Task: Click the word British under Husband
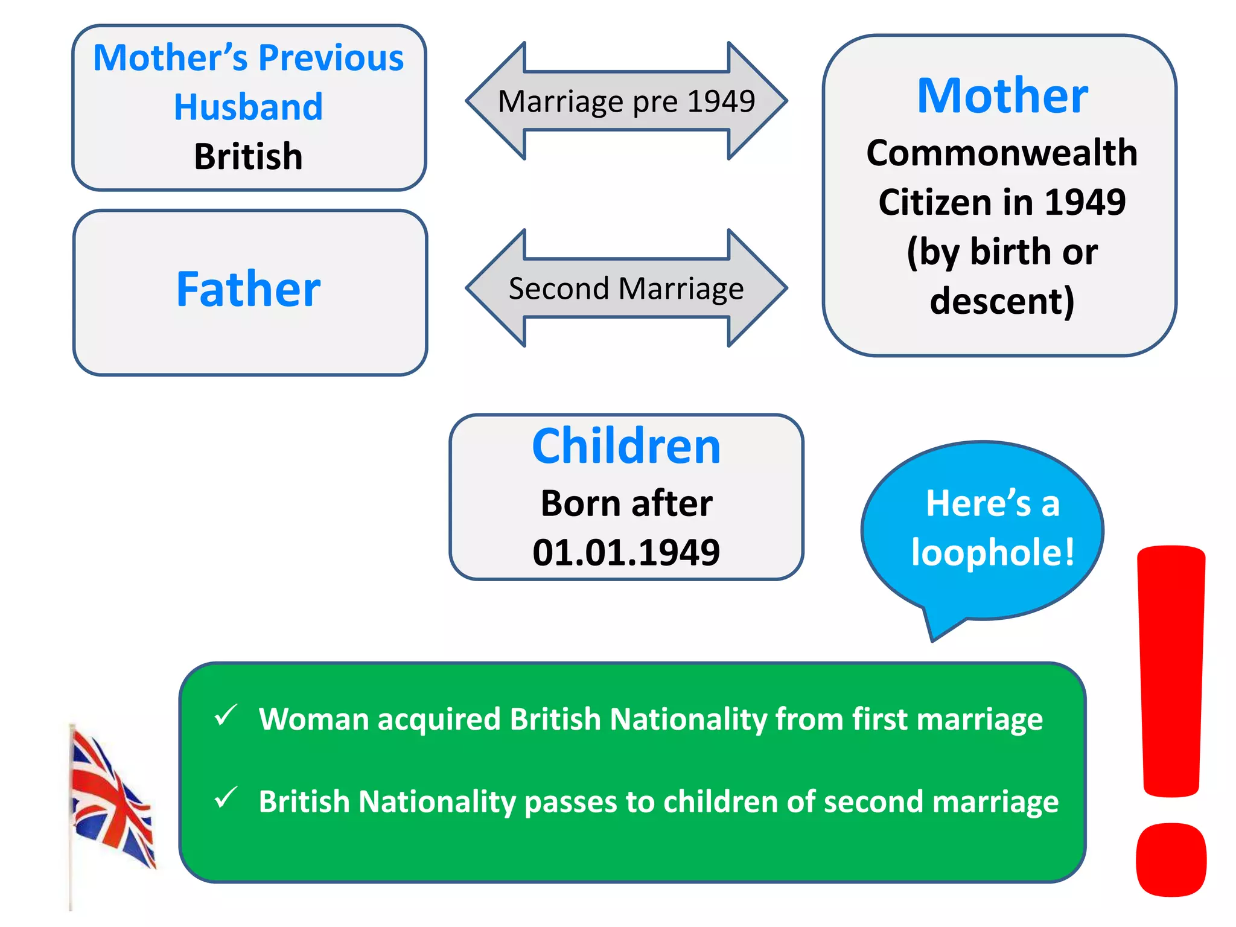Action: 248,157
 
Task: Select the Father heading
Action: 248,290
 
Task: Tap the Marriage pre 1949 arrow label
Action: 626,101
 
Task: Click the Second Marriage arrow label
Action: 626,288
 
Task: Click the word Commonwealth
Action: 1002,153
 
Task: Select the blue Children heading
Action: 626,447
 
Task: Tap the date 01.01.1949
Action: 626,552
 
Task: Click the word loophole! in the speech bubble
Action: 993,552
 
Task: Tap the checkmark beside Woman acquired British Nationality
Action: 226,716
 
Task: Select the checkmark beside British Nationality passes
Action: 226,798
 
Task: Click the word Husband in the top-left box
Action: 248,107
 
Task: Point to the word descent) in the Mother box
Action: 1002,301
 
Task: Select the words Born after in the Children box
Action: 626,503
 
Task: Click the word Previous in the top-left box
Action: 331,58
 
